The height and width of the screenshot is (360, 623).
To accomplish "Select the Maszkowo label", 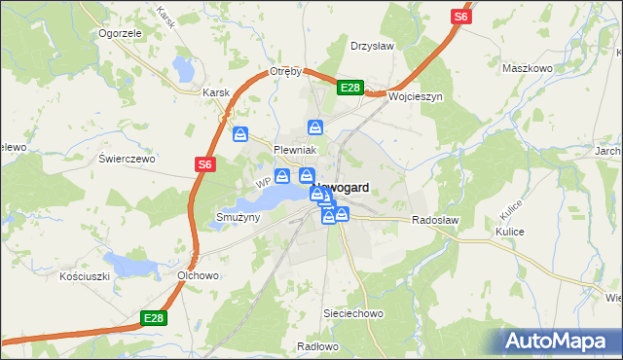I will coord(527,69).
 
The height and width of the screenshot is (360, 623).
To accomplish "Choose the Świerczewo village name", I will coord(128,158).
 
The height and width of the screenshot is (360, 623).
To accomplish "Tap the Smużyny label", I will coord(238,217).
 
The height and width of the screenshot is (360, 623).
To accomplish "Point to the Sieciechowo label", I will coord(354,314).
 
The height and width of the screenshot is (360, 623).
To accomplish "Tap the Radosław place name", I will coord(435,221).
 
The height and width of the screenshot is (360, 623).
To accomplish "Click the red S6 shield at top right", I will coord(460,17).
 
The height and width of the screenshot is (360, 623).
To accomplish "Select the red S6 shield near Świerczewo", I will coord(203,165).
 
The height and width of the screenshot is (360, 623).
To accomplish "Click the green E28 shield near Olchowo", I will coord(154,318).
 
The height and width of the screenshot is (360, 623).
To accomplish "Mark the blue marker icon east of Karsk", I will coord(240,135).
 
